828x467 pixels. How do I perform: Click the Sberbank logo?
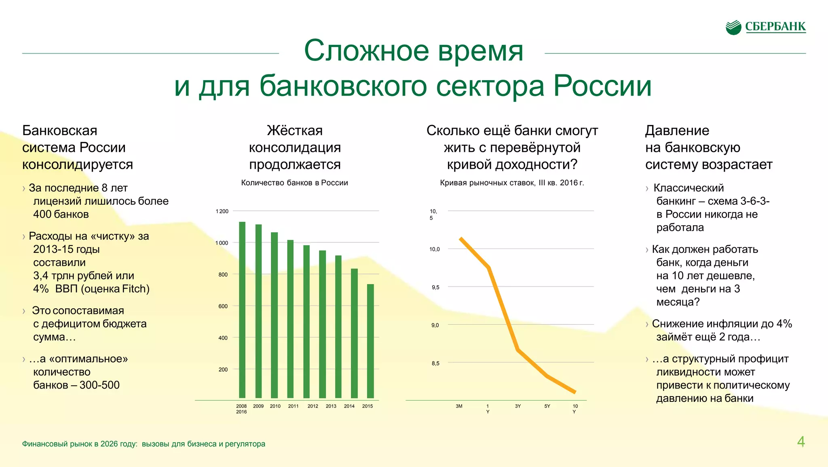[765, 27]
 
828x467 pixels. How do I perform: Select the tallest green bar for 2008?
[242, 310]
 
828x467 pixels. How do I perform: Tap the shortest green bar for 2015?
[370, 341]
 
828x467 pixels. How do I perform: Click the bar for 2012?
[306, 321]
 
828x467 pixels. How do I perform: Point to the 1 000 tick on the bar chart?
[222, 243]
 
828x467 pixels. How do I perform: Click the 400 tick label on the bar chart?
[223, 338]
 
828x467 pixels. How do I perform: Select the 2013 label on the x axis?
[331, 406]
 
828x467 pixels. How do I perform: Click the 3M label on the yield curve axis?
[459, 406]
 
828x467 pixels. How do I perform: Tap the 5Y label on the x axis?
[547, 406]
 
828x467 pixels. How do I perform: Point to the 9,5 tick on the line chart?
[435, 287]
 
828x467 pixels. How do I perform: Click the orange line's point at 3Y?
[518, 350]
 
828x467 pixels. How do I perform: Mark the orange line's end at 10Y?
[575, 392]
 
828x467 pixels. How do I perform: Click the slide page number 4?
[801, 442]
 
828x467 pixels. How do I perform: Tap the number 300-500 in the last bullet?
[99, 385]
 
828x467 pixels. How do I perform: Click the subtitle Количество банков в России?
[294, 183]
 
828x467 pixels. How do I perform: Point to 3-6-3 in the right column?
[754, 201]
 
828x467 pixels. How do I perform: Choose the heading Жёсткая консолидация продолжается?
[295, 147]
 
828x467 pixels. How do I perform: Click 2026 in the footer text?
[109, 444]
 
